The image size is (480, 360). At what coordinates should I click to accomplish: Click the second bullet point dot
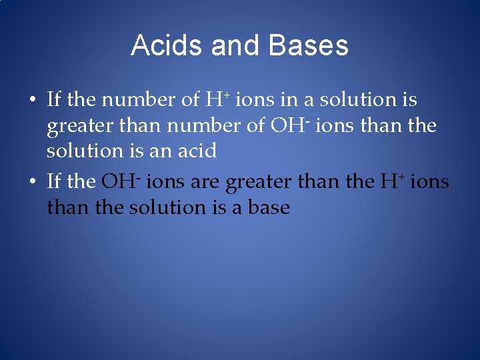pos(31,182)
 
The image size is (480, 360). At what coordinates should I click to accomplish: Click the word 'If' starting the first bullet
pos(53,100)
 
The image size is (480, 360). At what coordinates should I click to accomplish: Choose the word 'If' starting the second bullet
pos(53,181)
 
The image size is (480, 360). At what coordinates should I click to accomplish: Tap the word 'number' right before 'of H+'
pos(139,100)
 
